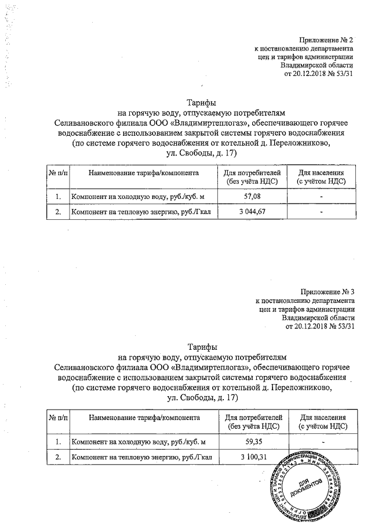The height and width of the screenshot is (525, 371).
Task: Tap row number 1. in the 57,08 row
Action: coord(58,197)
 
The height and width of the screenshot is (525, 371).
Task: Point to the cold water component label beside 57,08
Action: coord(138,197)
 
